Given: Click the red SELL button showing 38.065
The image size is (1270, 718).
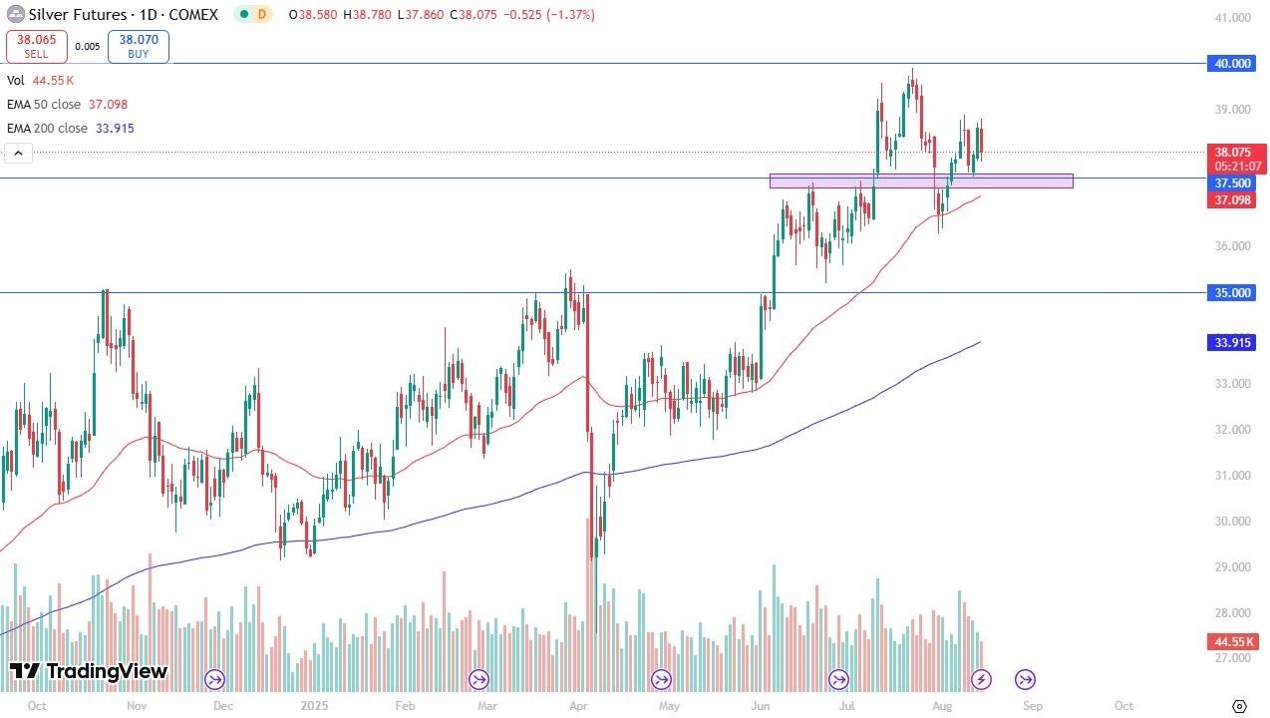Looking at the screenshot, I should coord(37,46).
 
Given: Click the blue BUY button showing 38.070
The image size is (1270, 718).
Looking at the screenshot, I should coord(138,46).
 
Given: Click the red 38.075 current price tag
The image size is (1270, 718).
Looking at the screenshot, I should coord(1232,153).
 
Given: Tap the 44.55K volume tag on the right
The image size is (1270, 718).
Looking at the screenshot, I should coord(1232,643).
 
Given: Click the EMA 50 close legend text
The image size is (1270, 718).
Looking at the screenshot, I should coord(67,105).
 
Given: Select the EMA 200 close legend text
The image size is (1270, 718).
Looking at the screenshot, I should coord(70,129).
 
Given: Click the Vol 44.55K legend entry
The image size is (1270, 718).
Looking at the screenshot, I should coord(41,81).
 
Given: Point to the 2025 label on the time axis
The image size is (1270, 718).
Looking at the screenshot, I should coord(314,706).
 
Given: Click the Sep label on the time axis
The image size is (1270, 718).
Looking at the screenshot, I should coord(1033,706).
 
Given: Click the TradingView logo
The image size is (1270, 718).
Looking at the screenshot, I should coord(89,671).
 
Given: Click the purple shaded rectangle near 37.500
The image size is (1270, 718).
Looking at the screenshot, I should coord(921,180).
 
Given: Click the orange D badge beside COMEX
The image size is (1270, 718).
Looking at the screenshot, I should coord(262,15).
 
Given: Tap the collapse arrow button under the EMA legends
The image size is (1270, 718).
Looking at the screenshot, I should coord(19,153).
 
